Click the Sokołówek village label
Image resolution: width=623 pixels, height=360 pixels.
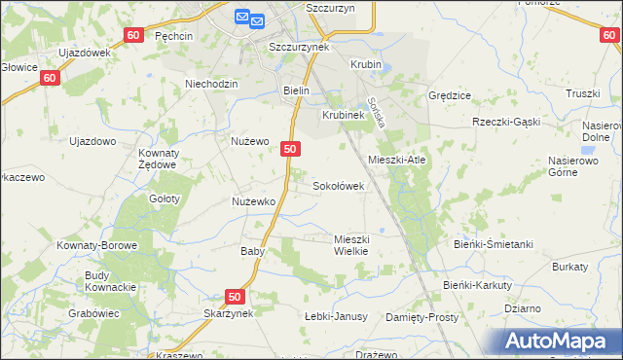tap(338, 185)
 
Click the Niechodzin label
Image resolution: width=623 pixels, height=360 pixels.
tap(211, 84)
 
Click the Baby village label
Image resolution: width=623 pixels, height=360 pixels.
tap(253, 250)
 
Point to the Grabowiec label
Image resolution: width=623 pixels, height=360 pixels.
tap(93, 313)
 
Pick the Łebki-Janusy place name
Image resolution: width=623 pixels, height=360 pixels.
tap(335, 316)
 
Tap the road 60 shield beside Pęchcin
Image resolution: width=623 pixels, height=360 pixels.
tap(134, 35)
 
